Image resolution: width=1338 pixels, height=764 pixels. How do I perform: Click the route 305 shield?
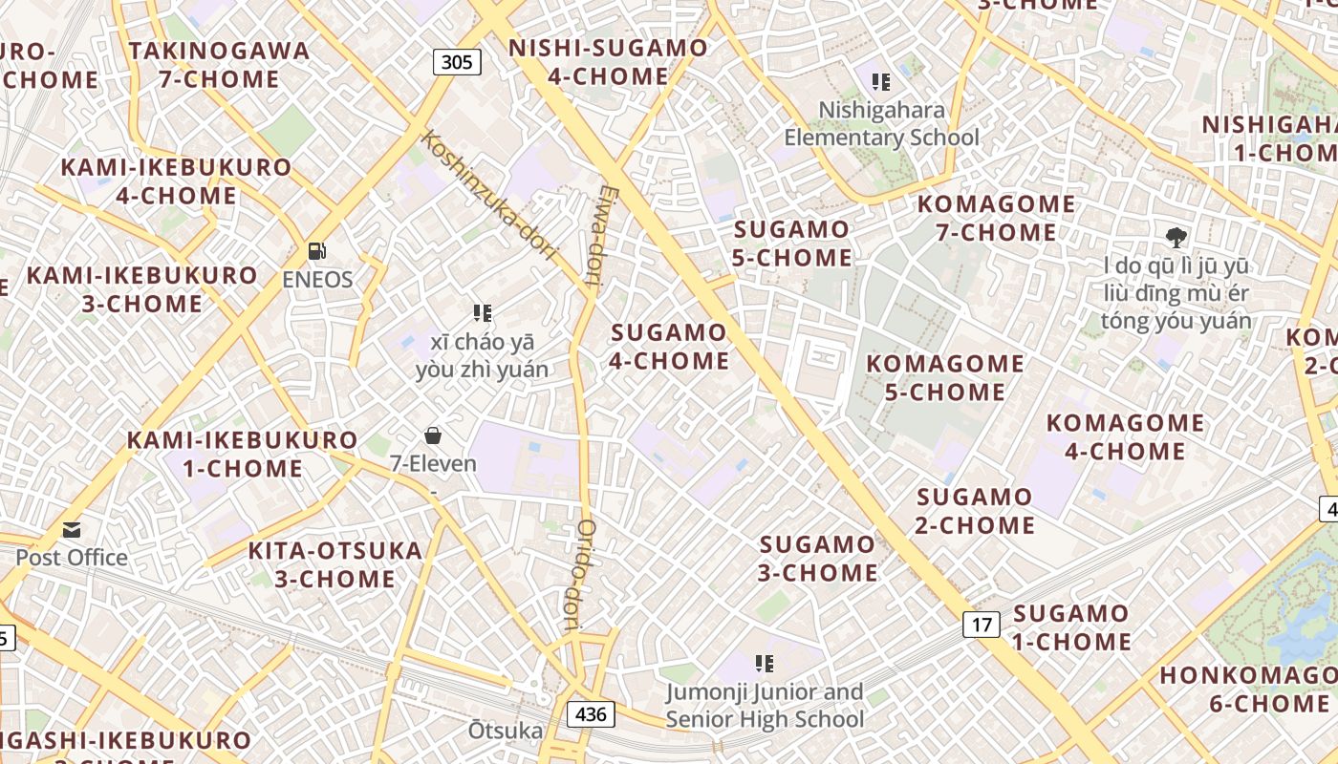pos(457,63)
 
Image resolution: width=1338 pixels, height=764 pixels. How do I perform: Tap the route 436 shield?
pos(591,714)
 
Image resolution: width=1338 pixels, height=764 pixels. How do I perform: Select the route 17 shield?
pos(981,626)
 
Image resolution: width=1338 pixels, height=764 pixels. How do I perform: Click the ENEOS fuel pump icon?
pos(317,252)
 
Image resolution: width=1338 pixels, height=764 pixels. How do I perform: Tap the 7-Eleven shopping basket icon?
pos(433,436)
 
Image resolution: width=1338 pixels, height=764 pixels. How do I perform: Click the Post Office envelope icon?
pos(72,530)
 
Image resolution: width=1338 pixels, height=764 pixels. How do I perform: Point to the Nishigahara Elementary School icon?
pos(881,83)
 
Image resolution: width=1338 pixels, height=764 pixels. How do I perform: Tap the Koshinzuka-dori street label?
pos(487,195)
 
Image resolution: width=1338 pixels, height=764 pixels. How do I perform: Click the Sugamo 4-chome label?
pos(669,347)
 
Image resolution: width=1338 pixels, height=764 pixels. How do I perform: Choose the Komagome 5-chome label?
pos(945,377)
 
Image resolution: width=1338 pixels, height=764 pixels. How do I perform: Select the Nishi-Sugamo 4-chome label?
pos(608,62)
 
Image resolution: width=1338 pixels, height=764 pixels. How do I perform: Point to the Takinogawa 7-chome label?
pos(220,65)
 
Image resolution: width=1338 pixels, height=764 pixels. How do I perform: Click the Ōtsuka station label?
pos(505,732)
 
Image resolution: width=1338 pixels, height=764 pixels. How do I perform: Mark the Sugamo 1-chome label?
pos(1071,627)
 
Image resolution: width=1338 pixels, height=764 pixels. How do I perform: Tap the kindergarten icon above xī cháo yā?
pos(483,313)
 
